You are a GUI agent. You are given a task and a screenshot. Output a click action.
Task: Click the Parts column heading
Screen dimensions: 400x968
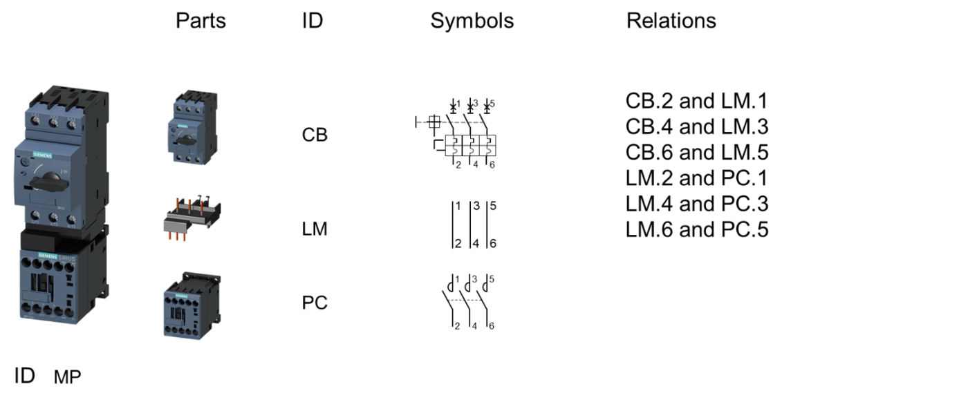click(201, 21)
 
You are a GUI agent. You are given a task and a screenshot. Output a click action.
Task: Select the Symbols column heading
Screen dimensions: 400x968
click(472, 21)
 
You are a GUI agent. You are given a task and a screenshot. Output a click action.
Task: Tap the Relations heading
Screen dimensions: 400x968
click(671, 21)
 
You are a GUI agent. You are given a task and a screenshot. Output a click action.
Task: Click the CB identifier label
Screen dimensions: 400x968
click(315, 135)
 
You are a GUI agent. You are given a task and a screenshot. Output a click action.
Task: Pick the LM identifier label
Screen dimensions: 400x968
click(315, 229)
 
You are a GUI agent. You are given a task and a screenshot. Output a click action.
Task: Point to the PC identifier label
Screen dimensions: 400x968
click(315, 303)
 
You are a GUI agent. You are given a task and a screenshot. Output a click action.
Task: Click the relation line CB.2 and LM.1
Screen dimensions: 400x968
click(696, 102)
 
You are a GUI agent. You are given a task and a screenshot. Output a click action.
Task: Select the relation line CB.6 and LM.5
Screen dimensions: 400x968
click(696, 153)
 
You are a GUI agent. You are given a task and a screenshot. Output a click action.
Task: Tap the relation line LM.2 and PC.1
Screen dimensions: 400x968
click(696, 178)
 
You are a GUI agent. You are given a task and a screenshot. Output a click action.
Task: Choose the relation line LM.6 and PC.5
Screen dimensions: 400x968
click(696, 229)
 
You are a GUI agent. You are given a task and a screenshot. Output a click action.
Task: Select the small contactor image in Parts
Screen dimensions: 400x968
click(188, 305)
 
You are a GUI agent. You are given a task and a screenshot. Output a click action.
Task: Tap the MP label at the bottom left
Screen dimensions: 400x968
click(67, 377)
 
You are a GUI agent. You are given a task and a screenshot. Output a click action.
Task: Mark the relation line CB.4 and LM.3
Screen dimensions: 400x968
click(696, 127)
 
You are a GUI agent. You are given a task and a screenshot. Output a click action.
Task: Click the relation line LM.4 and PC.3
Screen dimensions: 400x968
click(696, 204)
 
